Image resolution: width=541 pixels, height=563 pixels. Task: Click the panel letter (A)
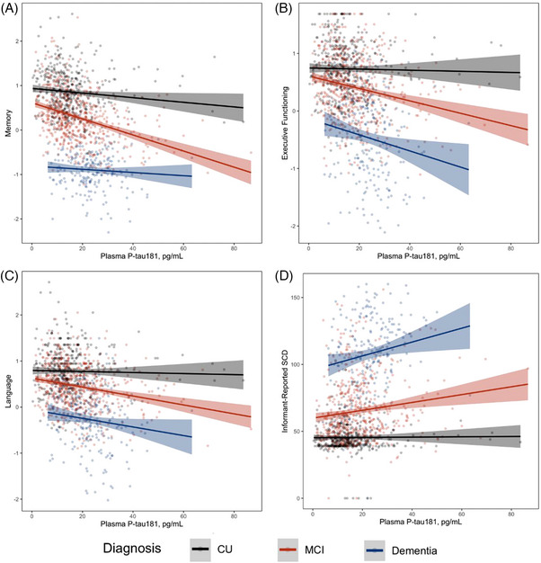click(x=9, y=9)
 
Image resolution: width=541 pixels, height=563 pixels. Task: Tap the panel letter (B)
click(x=283, y=9)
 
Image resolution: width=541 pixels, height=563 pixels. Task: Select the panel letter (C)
click(x=9, y=276)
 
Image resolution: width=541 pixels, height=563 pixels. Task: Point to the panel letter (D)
click(x=283, y=276)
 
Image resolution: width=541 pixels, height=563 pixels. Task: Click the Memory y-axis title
click(x=8, y=123)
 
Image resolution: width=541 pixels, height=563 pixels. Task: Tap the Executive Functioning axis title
click(x=285, y=123)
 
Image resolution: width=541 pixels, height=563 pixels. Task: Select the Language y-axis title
click(x=8, y=391)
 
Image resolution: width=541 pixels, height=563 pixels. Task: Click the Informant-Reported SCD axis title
click(x=285, y=392)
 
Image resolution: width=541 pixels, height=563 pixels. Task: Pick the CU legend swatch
click(x=200, y=549)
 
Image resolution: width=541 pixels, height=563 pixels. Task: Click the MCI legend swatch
click(x=288, y=550)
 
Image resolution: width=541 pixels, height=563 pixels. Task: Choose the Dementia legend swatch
click(x=375, y=550)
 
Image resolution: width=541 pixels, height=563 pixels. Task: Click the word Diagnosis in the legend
click(x=132, y=549)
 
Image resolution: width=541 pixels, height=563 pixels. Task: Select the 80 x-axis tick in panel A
click(x=234, y=248)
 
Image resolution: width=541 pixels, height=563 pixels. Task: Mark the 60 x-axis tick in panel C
click(x=183, y=516)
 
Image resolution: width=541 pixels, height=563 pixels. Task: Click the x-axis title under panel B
click(x=418, y=256)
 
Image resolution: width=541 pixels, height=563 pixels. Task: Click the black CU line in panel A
click(x=138, y=98)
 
